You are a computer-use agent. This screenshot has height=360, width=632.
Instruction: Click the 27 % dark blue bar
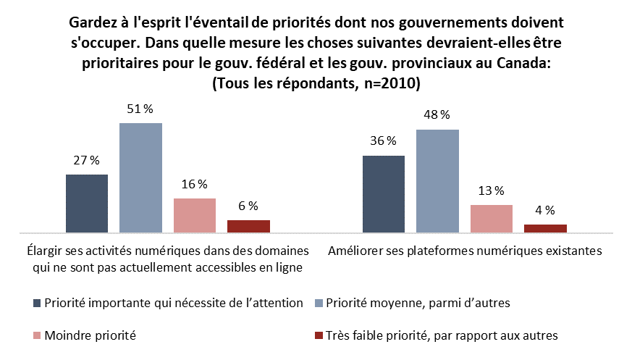point(87,204)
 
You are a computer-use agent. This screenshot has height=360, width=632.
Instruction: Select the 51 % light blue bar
point(140,178)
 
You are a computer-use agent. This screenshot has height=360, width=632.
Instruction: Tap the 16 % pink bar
point(195,215)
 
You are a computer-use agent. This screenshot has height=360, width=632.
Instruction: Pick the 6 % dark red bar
point(248,226)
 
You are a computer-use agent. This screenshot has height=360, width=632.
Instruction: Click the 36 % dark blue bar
point(383,194)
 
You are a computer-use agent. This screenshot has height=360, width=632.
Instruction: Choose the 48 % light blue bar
point(437,181)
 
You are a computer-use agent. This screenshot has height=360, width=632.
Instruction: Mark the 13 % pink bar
point(492,219)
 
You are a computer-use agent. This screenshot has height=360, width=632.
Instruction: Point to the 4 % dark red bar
point(545,228)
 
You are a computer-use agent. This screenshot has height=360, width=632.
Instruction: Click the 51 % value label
point(140,109)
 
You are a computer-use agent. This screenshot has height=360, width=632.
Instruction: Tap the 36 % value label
point(383,141)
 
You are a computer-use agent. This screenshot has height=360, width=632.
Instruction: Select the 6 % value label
point(248,206)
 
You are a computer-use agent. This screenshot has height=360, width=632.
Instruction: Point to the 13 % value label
point(492,191)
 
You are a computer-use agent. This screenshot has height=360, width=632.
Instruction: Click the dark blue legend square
point(37,303)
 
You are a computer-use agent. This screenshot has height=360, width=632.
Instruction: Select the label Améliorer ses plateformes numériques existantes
point(464,251)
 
